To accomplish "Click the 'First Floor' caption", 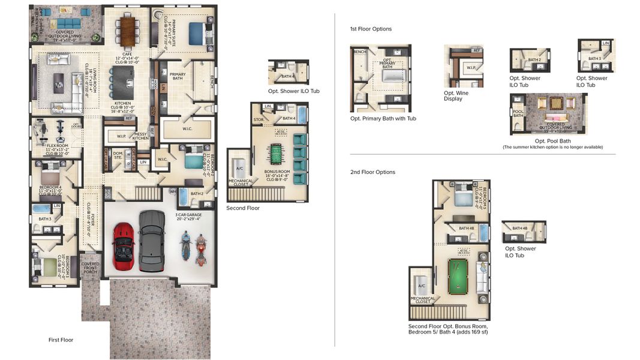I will pos(61,340).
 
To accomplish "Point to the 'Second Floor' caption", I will pos(243,208).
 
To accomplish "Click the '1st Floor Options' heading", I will pos(371,29).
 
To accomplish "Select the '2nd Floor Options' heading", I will pos(372,172).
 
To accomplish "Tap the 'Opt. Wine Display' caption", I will pos(456,96).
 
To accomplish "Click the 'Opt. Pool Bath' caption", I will pos(548,141).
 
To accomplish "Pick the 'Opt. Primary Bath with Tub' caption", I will pos(383,118).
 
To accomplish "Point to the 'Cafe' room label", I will pos(127,55).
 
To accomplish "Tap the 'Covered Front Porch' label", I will pos(91,268).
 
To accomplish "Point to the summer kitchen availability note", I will pos(552,147).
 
